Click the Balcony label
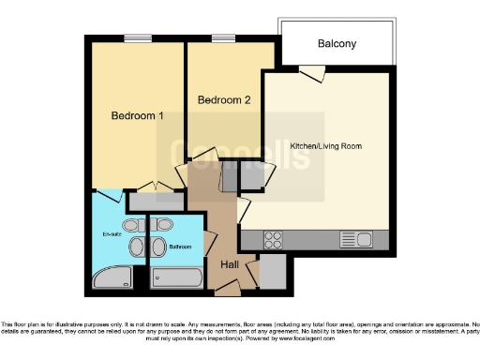337,44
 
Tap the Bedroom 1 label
138,116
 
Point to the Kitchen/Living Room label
325,147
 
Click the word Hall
230,265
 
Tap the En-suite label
110,233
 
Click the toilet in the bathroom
163,226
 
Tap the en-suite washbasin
136,247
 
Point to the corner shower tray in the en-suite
113,277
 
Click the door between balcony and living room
312,72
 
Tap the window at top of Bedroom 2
223,38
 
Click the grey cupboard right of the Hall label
271,272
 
